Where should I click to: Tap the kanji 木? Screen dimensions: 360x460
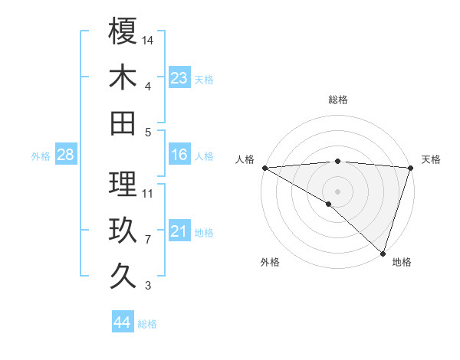click(123, 77)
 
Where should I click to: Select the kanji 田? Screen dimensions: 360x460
click(123, 123)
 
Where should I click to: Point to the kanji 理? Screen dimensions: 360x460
click(123, 184)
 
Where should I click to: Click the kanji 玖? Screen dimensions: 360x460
click(123, 230)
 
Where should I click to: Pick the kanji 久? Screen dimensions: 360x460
click(123, 276)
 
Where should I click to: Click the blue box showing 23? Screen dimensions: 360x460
click(179, 77)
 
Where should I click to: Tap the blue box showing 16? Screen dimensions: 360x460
click(179, 155)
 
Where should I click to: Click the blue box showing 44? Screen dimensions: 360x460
click(122, 322)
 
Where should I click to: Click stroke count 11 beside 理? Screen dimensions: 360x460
click(149, 193)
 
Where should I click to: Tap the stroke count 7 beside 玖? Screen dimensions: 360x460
click(148, 240)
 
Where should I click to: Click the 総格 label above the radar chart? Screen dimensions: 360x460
click(337, 100)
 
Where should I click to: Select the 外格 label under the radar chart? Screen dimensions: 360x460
click(270, 262)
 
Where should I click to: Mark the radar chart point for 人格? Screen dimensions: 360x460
click(264, 168)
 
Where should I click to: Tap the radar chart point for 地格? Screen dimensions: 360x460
click(383, 252)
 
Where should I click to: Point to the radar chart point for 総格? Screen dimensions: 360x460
click(337, 161)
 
